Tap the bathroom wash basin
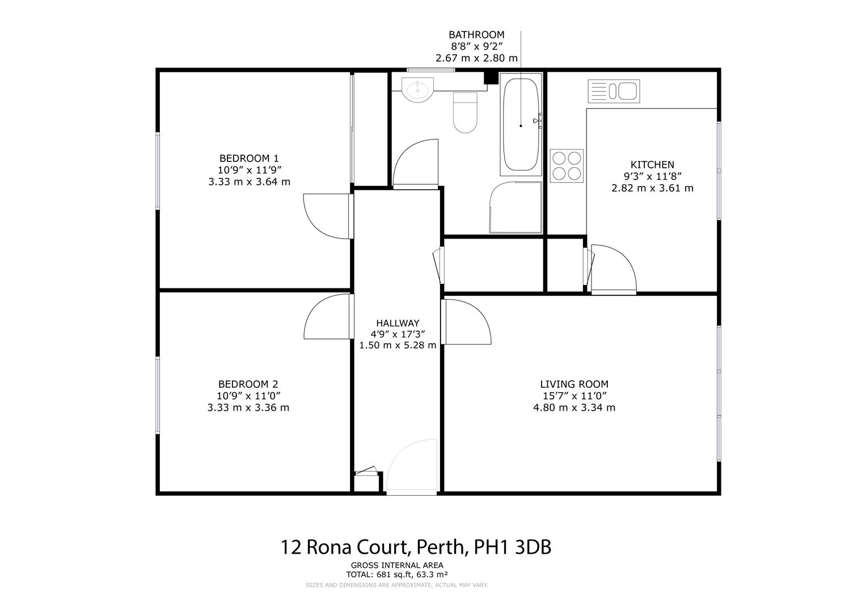[x=417, y=90]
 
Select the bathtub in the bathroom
[x=520, y=125]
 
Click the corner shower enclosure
[x=515, y=208]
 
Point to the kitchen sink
[x=614, y=91]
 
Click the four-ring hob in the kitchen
[x=567, y=165]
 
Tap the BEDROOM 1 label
[x=249, y=158]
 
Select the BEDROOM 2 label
[x=248, y=384]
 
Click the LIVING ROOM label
[x=574, y=384]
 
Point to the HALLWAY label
[x=398, y=323]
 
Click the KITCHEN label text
[x=652, y=165]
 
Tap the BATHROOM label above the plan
[x=476, y=35]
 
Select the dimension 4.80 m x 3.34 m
[x=574, y=407]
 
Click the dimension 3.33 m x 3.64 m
[x=249, y=182]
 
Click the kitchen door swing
[x=612, y=269]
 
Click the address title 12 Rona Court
[x=416, y=547]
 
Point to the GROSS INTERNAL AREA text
[x=397, y=565]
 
